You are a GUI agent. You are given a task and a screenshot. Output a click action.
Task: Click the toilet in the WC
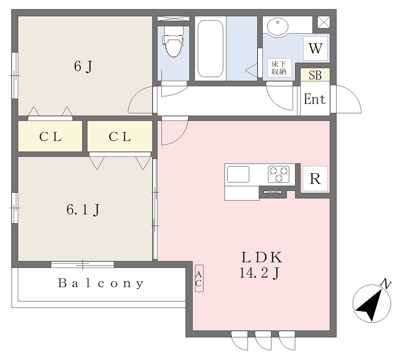coord(173,41)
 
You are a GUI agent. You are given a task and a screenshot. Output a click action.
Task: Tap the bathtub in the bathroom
coord(210,49)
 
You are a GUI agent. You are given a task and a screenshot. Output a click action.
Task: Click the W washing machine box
coord(315,48)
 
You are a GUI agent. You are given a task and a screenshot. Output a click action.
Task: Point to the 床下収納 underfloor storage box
coord(279,68)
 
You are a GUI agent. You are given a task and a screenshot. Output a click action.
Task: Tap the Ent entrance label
coord(314,99)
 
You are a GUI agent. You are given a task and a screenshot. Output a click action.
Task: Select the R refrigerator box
coord(315,179)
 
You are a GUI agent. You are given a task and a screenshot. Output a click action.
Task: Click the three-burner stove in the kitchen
coord(279,174)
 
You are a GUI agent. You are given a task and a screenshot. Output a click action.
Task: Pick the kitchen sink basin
coord(238,174)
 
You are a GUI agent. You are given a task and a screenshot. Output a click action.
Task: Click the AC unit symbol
coord(199,279)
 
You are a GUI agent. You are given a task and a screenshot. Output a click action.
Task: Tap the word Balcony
coord(101,283)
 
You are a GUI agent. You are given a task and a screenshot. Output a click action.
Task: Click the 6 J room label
coord(83,66)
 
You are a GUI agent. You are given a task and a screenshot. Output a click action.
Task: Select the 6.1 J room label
coord(83,209)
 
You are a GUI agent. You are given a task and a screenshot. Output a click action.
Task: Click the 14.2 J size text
coord(259,273)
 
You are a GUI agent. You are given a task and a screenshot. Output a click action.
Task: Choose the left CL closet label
coord(50,137)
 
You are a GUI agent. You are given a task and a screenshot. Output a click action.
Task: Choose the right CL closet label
coord(120,137)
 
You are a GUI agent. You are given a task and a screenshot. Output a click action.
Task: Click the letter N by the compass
coord(386,284)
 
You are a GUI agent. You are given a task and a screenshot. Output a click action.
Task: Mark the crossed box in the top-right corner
coord(324,22)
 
